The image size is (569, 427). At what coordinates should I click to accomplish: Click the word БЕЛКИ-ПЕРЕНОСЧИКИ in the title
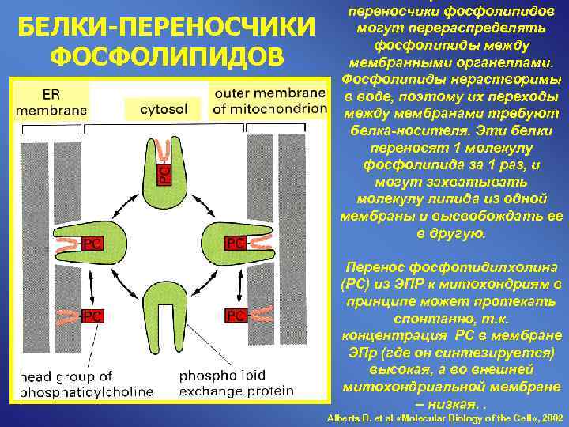click(x=164, y=28)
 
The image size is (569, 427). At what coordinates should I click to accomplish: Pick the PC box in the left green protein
click(x=91, y=243)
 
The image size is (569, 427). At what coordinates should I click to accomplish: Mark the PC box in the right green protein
click(x=236, y=243)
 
